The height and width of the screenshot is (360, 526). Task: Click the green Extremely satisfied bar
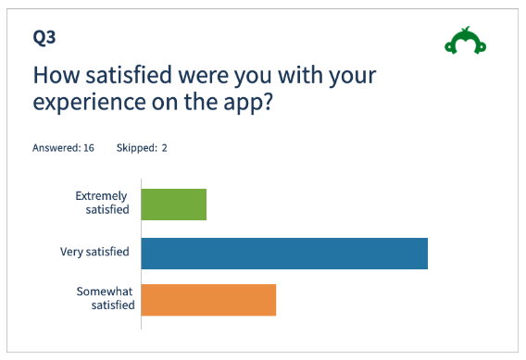pos(174,205)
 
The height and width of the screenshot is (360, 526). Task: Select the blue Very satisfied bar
pos(284,254)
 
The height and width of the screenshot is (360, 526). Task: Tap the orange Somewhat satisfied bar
pos(208,300)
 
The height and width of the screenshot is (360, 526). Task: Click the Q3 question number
pos(44,37)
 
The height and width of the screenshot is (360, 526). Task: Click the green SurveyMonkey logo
pos(465,41)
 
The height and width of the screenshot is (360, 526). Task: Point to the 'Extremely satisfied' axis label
pos(102,203)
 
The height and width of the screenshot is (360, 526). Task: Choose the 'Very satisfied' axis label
pos(94,252)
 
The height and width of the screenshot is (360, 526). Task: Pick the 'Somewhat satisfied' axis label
pos(106,298)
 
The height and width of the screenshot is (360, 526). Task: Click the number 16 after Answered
pos(89,148)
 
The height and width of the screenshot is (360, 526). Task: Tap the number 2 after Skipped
pos(165,148)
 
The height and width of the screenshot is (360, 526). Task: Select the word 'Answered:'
pos(56,148)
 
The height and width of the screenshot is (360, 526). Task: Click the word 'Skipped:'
pos(137,148)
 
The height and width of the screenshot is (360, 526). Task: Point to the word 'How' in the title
pos(56,75)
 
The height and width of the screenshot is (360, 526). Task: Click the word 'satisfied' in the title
pos(129,75)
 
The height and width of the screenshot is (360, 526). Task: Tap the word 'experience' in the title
pos(89,103)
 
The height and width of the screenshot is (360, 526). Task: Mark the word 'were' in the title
pos(204,77)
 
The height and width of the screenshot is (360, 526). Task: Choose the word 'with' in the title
pos(301,75)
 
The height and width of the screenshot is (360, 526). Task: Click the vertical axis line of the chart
pos(142,254)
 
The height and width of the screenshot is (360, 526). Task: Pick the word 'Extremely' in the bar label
pos(101,196)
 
